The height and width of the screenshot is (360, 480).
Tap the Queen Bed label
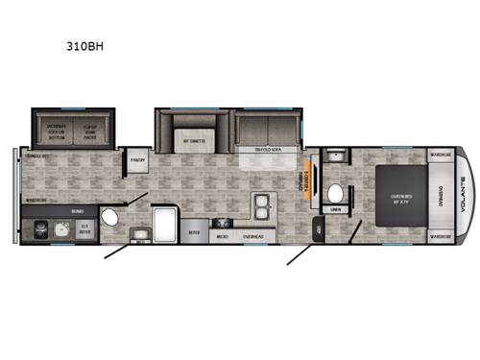click(400, 199)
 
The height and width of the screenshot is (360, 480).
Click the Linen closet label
click(335, 209)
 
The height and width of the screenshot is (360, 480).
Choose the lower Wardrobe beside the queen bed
click(440, 235)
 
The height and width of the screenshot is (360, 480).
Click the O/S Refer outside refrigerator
click(84, 230)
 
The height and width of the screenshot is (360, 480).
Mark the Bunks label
click(78, 210)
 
